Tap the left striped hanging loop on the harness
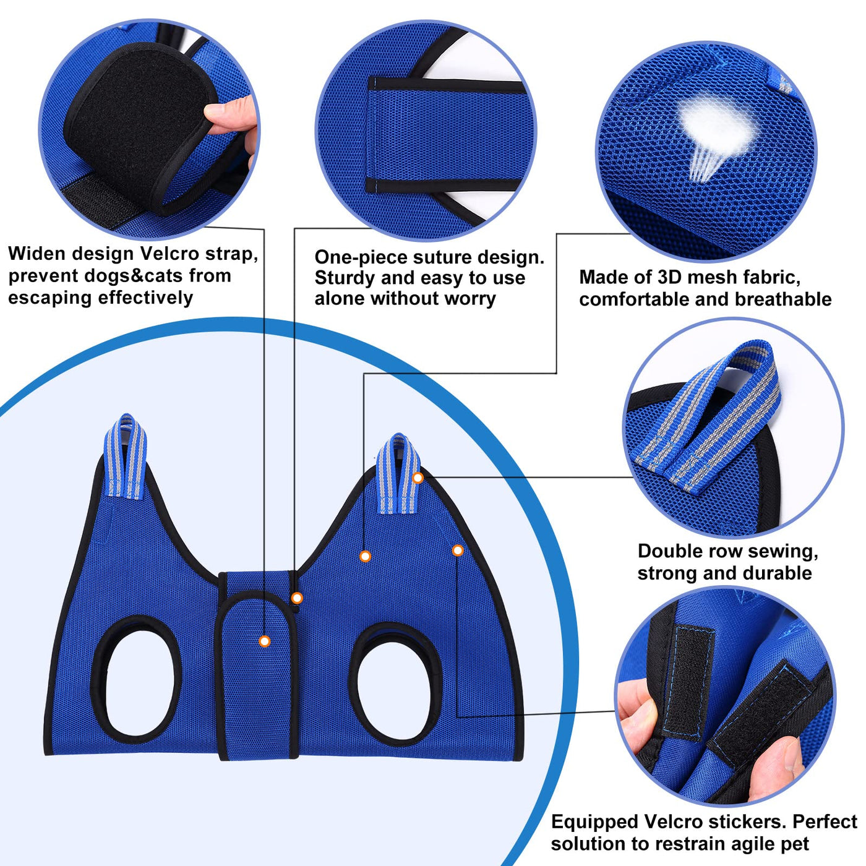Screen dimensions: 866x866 point(126,456)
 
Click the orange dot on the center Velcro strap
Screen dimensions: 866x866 point(265,641)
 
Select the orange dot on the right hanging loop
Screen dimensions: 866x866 point(418,478)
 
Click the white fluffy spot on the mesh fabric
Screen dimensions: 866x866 point(714,124)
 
